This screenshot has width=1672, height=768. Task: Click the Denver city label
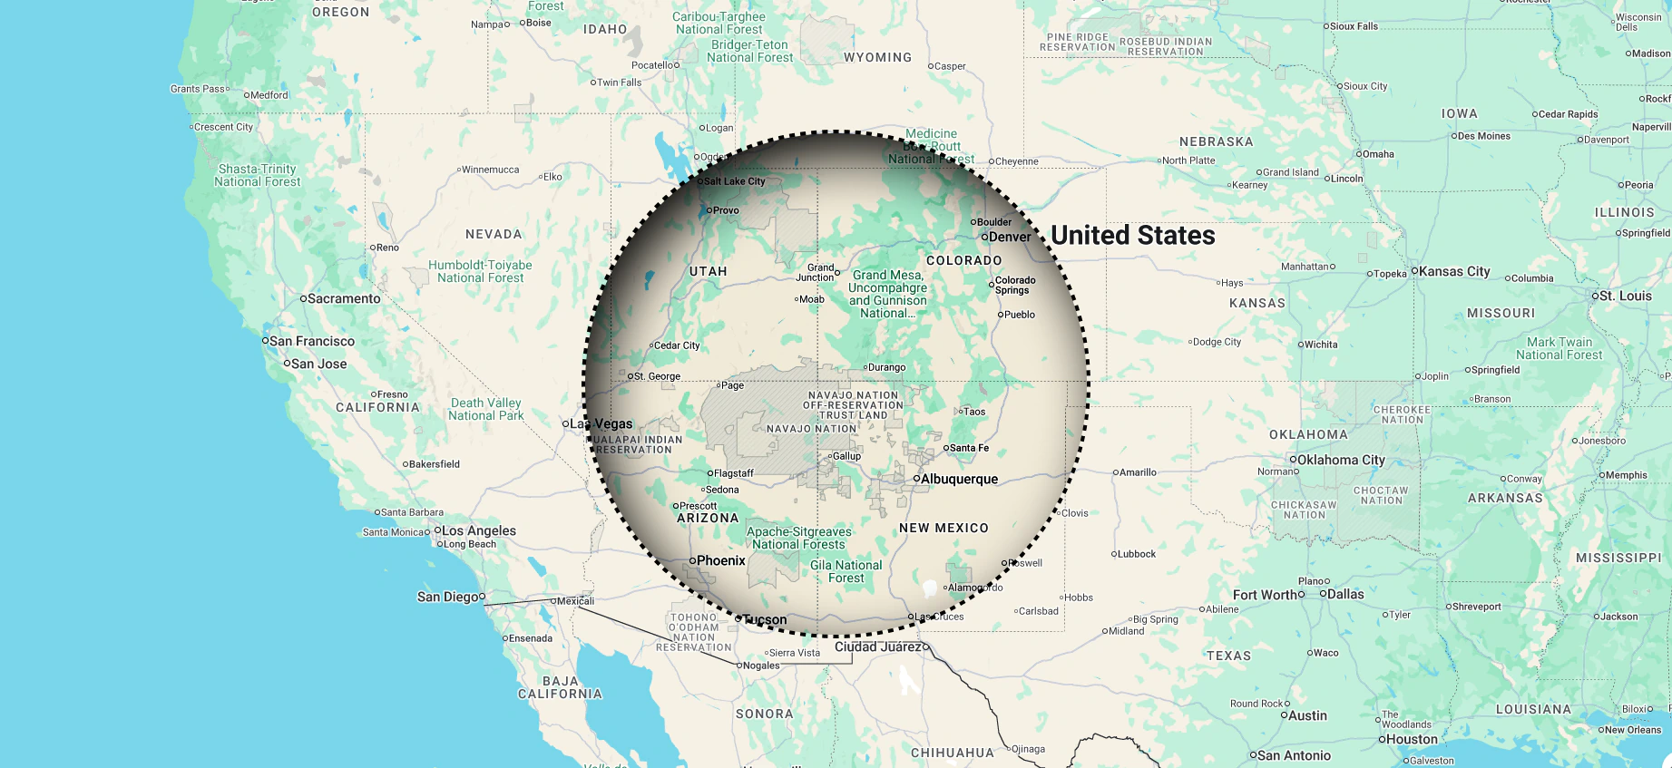pyautogui.click(x=1010, y=237)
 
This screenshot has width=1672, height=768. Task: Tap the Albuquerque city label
pyautogui.click(x=959, y=479)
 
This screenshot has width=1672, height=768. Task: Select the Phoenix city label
pyautogui.click(x=721, y=560)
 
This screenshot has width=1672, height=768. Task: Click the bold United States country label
pyautogui.click(x=1133, y=236)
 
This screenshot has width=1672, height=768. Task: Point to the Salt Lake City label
pyautogui.click(x=735, y=181)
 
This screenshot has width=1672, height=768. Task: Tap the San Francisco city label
pyautogui.click(x=312, y=341)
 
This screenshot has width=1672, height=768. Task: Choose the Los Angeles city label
pyautogui.click(x=478, y=530)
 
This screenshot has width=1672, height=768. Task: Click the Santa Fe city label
pyautogui.click(x=969, y=448)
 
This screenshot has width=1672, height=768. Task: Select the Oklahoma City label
pyautogui.click(x=1341, y=460)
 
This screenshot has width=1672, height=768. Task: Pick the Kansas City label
pyautogui.click(x=1454, y=271)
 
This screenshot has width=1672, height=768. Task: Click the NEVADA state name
pyautogui.click(x=494, y=234)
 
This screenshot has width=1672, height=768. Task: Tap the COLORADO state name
pyautogui.click(x=964, y=260)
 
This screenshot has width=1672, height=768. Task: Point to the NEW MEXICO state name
pyautogui.click(x=944, y=528)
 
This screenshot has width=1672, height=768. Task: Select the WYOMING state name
pyautogui.click(x=877, y=57)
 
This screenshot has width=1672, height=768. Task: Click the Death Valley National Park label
pyautogui.click(x=485, y=409)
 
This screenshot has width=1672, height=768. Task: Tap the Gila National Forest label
pyautogui.click(x=846, y=571)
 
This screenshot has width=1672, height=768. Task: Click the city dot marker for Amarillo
pyautogui.click(x=1116, y=472)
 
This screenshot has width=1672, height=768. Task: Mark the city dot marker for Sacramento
pyautogui.click(x=303, y=298)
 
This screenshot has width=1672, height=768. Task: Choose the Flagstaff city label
pyautogui.click(x=734, y=473)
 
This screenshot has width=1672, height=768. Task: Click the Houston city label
pyautogui.click(x=1413, y=739)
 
